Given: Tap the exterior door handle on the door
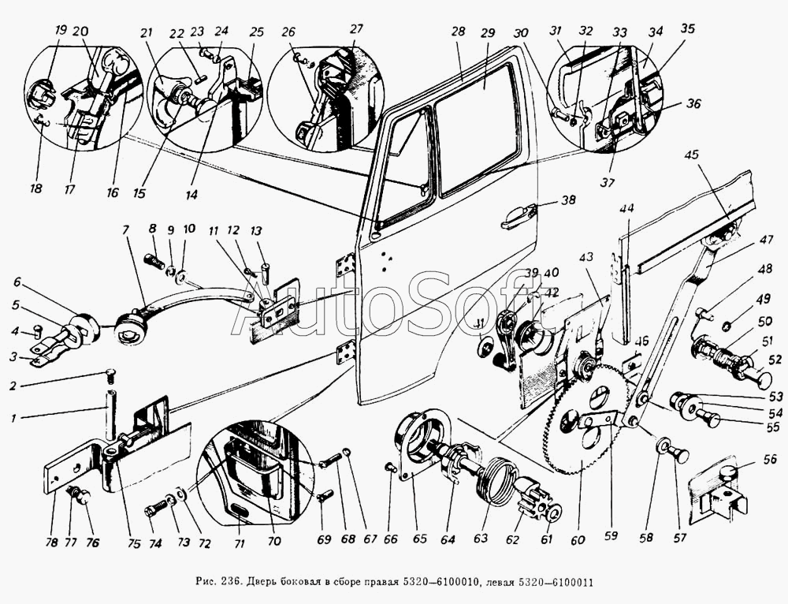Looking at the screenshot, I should (x=518, y=214).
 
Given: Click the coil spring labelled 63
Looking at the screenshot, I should (x=499, y=480).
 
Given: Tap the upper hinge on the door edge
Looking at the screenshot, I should (x=345, y=265).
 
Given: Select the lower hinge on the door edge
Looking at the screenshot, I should (x=345, y=354).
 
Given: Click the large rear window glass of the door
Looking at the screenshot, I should (x=476, y=126).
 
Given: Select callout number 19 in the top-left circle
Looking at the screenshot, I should (x=61, y=32).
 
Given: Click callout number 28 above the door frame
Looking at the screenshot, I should (x=458, y=32).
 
